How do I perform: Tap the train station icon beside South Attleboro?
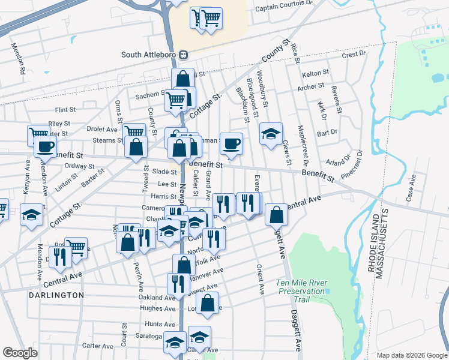coord(185,55)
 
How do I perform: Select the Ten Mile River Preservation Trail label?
coord(301,290)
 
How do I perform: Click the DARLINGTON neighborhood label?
coord(56,295)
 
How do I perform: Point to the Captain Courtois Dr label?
coord(284,8)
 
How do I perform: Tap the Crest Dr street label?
coord(354,55)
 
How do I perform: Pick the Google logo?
coord(20,353)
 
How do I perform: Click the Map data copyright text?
coord(411,355)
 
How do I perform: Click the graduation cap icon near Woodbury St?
coord(271,134)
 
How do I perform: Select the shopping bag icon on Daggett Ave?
coord(276,214)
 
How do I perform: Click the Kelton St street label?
coord(316,73)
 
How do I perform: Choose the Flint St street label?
coord(65,110)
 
